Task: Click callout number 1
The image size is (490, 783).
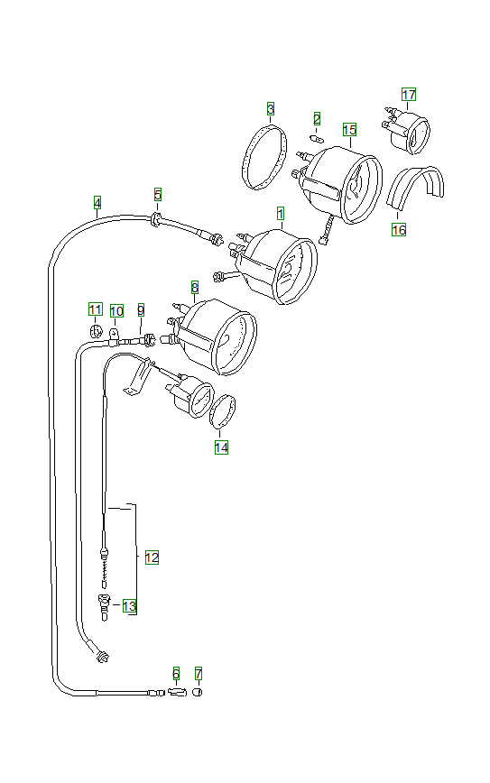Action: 281,214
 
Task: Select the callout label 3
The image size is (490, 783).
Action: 271,109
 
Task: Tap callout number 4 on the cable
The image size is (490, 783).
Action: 97,202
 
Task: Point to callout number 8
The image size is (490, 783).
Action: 194,287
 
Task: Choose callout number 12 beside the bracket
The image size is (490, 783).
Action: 152,557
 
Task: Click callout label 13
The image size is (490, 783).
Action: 130,606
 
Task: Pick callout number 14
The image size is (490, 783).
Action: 221,447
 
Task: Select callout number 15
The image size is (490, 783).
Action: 349,130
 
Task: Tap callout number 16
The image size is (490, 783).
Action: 399,230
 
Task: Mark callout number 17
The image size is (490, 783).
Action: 409,95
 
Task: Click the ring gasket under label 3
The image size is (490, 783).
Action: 262,158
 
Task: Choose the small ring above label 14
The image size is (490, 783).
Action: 224,410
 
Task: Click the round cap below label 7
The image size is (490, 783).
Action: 199,692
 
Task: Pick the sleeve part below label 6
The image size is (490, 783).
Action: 176,692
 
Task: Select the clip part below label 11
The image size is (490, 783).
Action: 95,330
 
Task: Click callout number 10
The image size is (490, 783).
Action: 117,311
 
